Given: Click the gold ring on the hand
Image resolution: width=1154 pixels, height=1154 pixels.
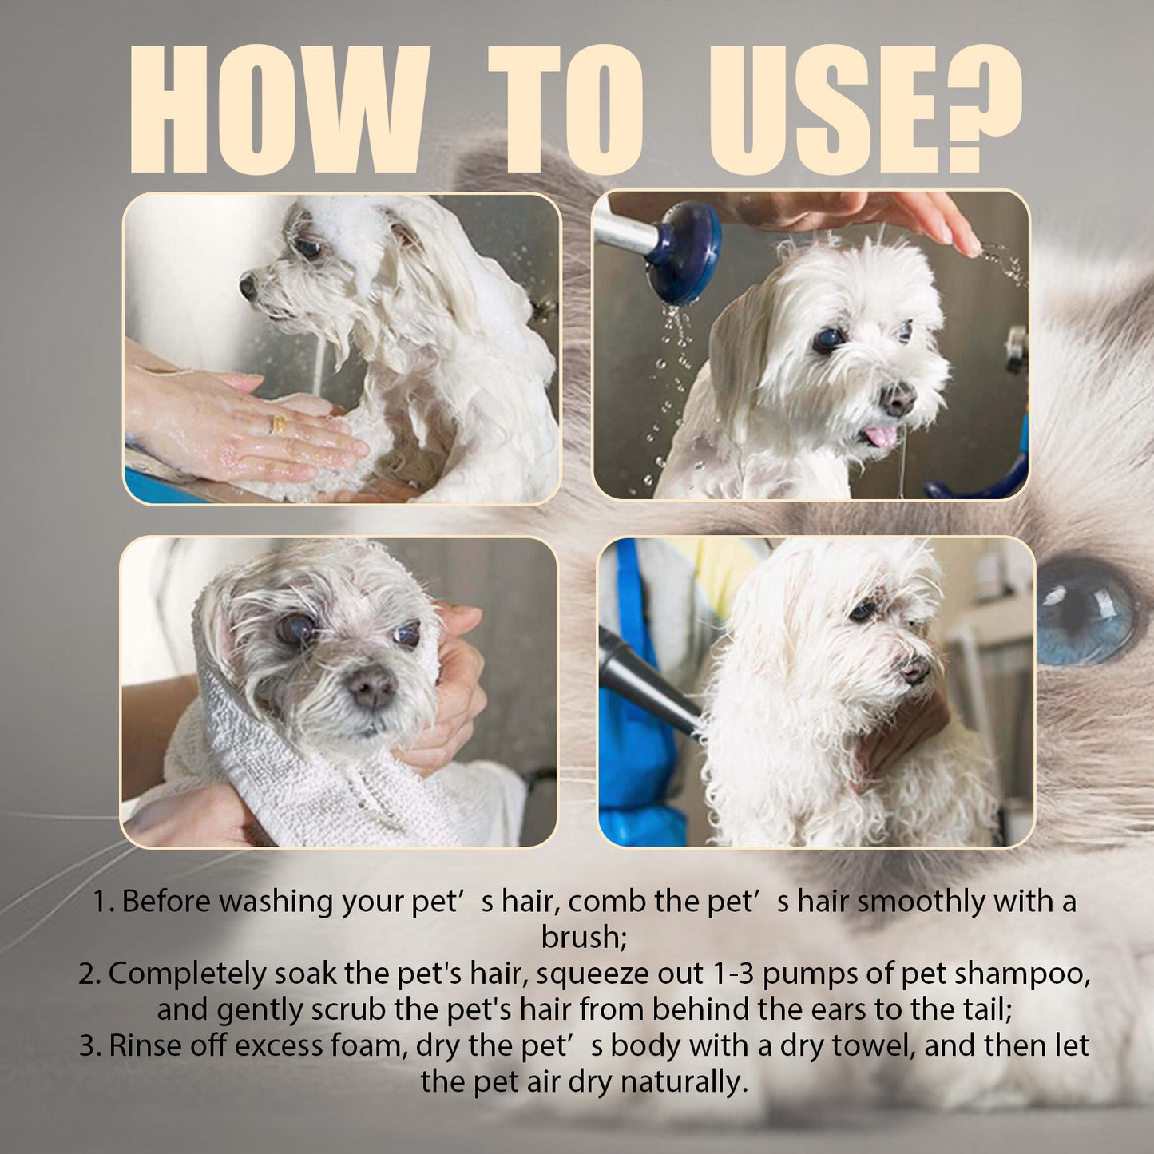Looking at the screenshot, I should [279, 425].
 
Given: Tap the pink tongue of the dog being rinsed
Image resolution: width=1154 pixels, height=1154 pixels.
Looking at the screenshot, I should [881, 436].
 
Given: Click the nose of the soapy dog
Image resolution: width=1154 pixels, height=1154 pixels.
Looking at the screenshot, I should [248, 286].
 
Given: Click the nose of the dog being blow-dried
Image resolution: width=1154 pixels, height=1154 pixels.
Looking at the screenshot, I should [915, 669].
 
